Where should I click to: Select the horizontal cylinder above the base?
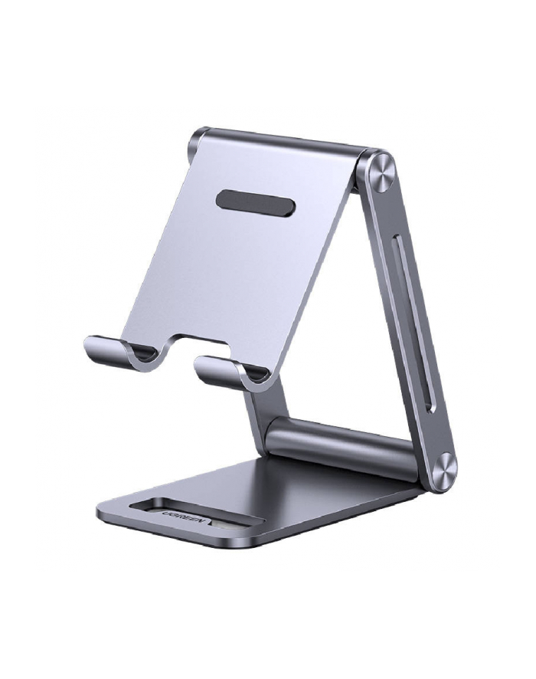pos(342,446)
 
